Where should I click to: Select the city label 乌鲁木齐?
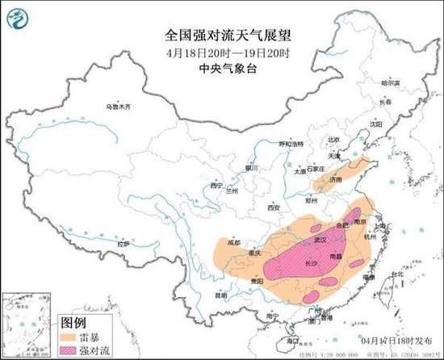pyautogui.click(x=117, y=107)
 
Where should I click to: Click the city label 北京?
pyautogui.click(x=323, y=139)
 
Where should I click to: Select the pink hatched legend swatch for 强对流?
pyautogui.click(x=74, y=351)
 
